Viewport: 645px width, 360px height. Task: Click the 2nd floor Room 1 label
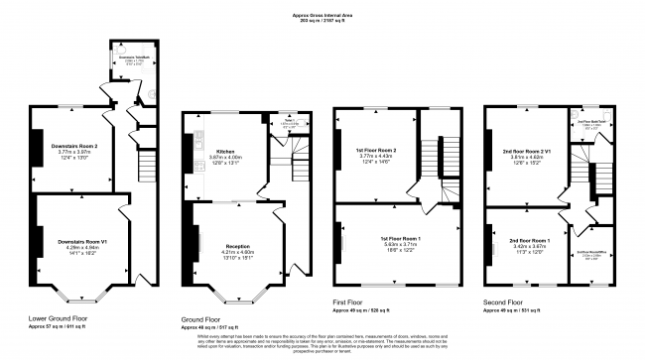[530, 241]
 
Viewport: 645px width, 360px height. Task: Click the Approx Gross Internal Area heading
[322, 15]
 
